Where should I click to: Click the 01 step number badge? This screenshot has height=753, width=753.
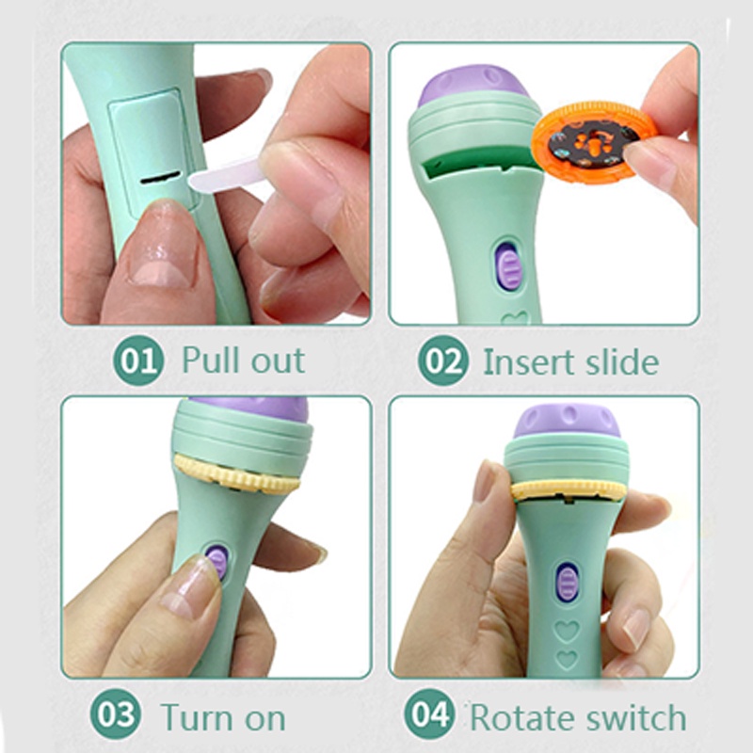point(138,360)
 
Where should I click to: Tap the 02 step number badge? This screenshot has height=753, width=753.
point(442,360)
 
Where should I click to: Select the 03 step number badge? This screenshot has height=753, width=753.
point(115,714)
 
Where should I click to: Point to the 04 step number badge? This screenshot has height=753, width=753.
point(429,714)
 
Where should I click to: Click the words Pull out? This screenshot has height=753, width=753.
point(244,360)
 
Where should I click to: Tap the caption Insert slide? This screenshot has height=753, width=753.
point(570,361)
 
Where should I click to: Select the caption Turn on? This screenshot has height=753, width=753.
point(223,717)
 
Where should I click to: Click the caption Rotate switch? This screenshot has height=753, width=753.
point(578,718)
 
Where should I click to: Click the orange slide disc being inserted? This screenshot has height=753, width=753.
point(594,142)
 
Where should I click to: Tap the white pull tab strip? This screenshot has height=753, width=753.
point(225,175)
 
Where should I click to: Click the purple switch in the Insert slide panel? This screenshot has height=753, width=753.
point(507,265)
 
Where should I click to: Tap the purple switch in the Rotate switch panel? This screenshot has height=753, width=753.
point(568,583)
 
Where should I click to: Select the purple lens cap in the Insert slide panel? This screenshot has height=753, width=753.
point(473,86)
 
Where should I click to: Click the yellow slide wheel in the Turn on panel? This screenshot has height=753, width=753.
point(236,473)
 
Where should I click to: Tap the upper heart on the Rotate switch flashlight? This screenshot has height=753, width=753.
point(568,630)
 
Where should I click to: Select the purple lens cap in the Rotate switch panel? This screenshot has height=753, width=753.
point(567,421)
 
